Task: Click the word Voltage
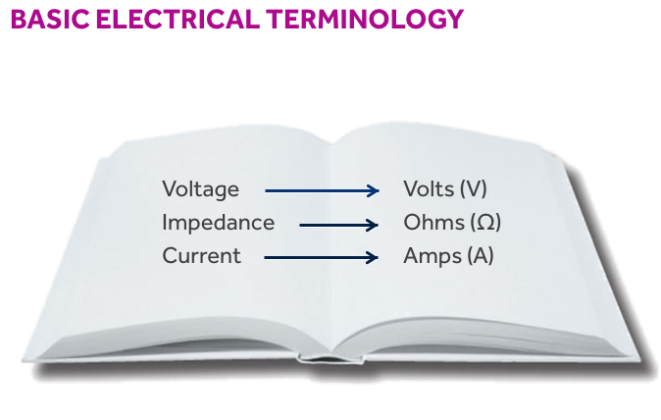pos(200,188)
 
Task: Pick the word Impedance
pos(218,223)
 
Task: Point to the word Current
pos(201,256)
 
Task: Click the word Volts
pos(429,188)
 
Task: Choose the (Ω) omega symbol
pos(483,223)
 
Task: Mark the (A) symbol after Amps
pos(480,256)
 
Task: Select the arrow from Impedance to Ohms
pos(337,226)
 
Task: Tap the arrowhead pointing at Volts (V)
pos(373,191)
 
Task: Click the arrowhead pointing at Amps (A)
pos(373,259)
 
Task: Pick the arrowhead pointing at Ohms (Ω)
pos(373,226)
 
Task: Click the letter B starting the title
pos(19,20)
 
